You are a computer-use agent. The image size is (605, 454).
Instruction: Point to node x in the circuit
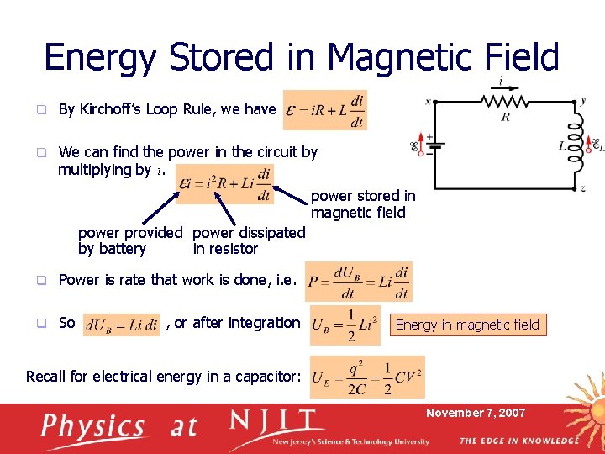428,101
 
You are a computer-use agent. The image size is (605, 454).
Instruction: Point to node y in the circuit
583,100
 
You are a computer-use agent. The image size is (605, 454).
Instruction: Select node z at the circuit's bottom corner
583,189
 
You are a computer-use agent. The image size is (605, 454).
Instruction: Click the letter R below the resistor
505,117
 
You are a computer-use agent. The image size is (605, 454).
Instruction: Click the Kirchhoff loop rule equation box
325,109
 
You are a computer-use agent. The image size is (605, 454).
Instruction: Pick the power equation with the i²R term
226,183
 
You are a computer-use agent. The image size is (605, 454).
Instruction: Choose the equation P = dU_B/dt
359,282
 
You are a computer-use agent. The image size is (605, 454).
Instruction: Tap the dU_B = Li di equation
122,325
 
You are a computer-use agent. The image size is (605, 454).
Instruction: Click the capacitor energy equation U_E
367,377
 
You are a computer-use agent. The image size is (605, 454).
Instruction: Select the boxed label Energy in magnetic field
467,325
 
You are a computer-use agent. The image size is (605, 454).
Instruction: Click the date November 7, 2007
476,413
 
